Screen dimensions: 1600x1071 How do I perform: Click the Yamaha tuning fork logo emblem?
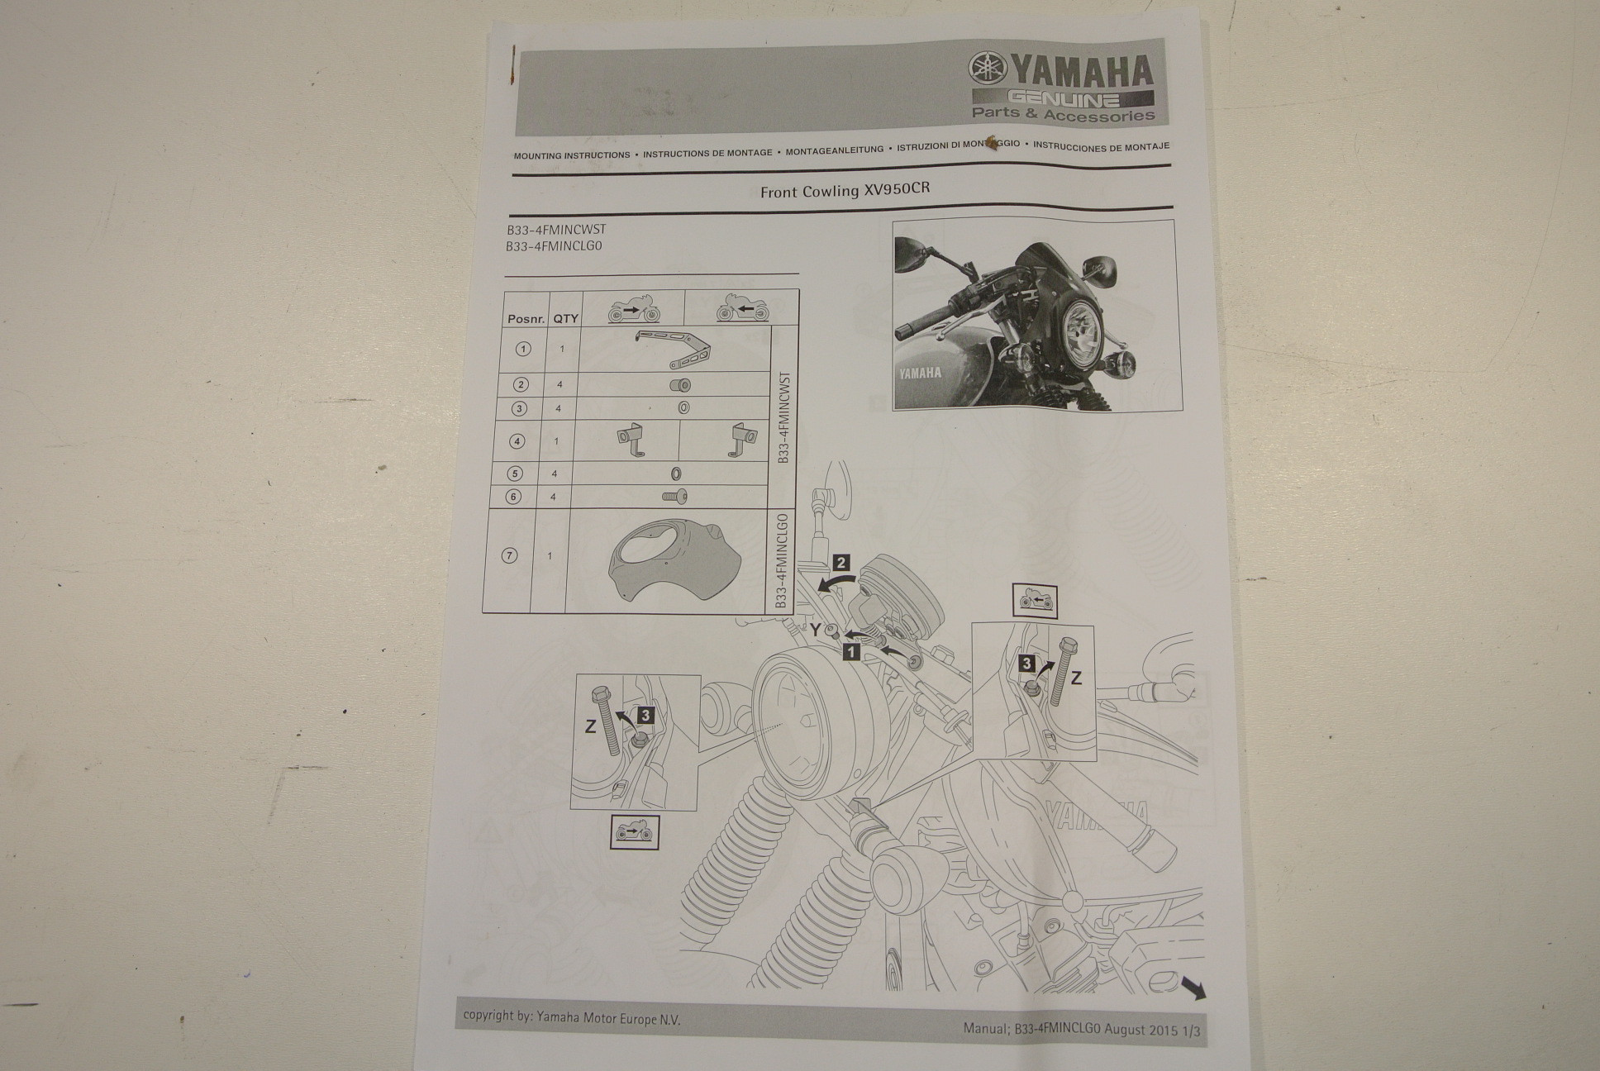985,69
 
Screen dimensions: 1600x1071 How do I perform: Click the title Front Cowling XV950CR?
845,190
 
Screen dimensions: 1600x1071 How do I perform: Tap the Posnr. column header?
526,319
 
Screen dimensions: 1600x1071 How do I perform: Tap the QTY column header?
565,318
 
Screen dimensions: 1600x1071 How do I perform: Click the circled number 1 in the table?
522,349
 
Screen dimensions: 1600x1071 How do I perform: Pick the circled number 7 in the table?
509,555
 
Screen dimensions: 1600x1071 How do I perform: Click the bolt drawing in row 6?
675,497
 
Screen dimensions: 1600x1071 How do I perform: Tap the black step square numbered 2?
840,564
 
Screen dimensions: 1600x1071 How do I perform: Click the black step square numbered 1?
850,652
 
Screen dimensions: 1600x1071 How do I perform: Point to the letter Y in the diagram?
816,631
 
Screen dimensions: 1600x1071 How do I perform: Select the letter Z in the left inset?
590,727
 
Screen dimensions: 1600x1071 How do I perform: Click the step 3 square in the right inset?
1026,663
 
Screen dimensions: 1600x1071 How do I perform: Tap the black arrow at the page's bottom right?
1193,987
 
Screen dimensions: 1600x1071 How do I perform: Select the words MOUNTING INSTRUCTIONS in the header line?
572,155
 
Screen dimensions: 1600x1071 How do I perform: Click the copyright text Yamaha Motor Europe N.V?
608,1019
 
